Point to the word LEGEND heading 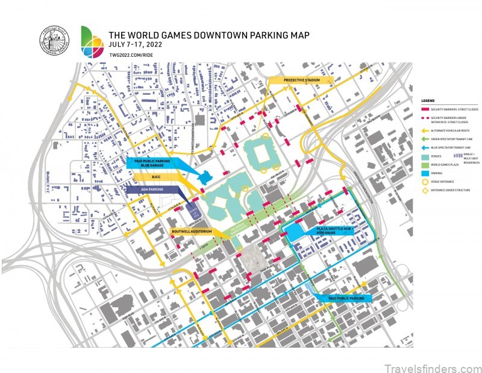[x=428, y=100]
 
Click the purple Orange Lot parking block [x=193, y=211]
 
